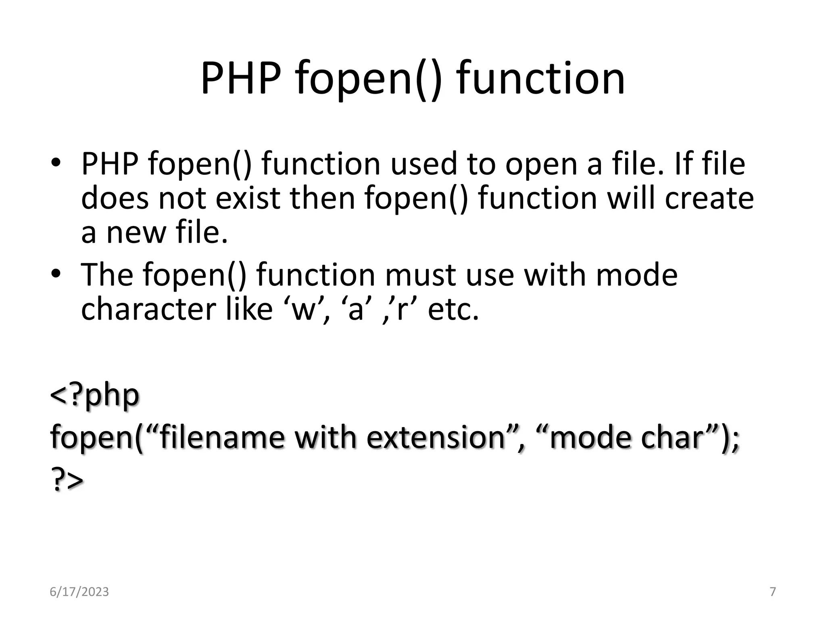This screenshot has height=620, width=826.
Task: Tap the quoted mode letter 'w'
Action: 304,310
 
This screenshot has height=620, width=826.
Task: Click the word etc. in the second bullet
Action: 453,310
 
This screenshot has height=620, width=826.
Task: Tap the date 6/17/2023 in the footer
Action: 79,592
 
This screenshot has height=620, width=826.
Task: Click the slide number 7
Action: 773,592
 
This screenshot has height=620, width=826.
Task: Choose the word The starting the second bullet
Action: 107,275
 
